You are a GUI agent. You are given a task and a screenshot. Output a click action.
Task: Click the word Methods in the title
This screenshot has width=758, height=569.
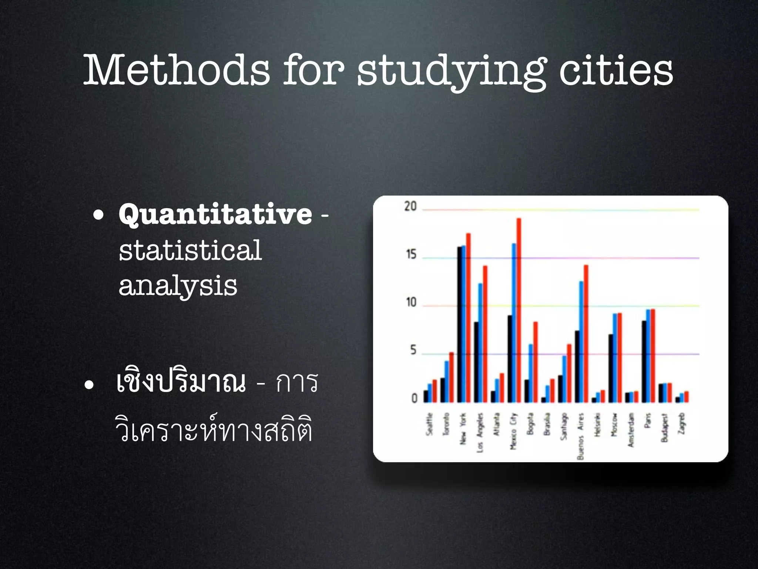coord(177,70)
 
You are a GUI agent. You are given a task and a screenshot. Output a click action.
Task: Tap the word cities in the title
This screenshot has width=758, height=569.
coord(616,70)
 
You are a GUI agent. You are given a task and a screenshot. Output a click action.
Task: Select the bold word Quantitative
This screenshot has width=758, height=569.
coord(215,214)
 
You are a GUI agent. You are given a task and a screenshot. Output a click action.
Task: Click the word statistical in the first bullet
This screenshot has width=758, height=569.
coord(190,250)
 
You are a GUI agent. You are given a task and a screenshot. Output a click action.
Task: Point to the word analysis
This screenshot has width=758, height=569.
coord(178,286)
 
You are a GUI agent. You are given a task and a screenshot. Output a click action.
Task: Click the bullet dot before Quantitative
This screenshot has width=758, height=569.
coord(98,215)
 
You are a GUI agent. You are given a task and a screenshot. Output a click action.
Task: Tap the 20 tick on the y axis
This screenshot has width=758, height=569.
coord(410,206)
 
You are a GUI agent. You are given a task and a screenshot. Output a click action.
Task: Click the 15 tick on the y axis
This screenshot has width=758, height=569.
coord(411,254)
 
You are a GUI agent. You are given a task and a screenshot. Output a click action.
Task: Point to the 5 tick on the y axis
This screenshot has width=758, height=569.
coord(413,350)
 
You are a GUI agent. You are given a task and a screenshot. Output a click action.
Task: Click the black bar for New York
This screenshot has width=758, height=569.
coord(460,325)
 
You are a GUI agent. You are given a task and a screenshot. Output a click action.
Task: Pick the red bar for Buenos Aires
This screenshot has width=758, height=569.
coord(586,333)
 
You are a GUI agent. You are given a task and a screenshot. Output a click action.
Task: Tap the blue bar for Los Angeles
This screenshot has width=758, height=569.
coord(480,343)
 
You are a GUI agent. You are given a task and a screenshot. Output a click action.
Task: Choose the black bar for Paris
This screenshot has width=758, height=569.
coord(644,362)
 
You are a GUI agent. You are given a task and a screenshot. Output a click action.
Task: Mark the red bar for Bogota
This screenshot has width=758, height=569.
coord(536,362)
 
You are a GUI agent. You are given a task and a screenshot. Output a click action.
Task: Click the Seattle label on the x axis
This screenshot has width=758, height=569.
coord(429,424)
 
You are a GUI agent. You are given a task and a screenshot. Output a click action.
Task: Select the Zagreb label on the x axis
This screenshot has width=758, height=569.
coord(682,423)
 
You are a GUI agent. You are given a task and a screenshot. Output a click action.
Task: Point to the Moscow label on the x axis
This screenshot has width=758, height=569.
coord(614,425)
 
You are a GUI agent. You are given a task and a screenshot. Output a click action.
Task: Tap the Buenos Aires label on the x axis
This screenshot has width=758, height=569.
coord(580,436)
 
